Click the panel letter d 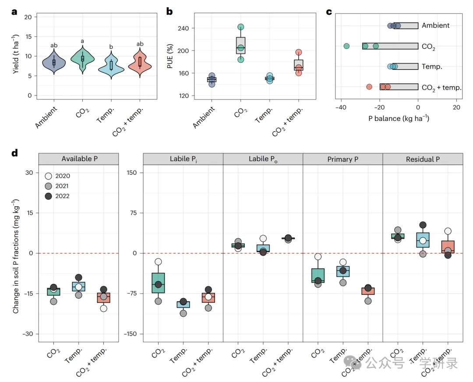(x=15, y=153)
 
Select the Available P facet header (x=78, y=159)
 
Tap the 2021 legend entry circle (x=48, y=186)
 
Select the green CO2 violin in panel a (x=82, y=58)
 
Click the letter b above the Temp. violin (x=111, y=47)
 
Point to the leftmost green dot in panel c (x=346, y=46)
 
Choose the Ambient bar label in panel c (x=435, y=25)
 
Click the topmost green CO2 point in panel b (x=240, y=27)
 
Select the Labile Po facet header (x=263, y=159)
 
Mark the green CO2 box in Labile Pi (x=158, y=283)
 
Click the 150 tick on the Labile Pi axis (x=132, y=173)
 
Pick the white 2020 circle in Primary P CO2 (x=318, y=257)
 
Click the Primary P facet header (x=342, y=159)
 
